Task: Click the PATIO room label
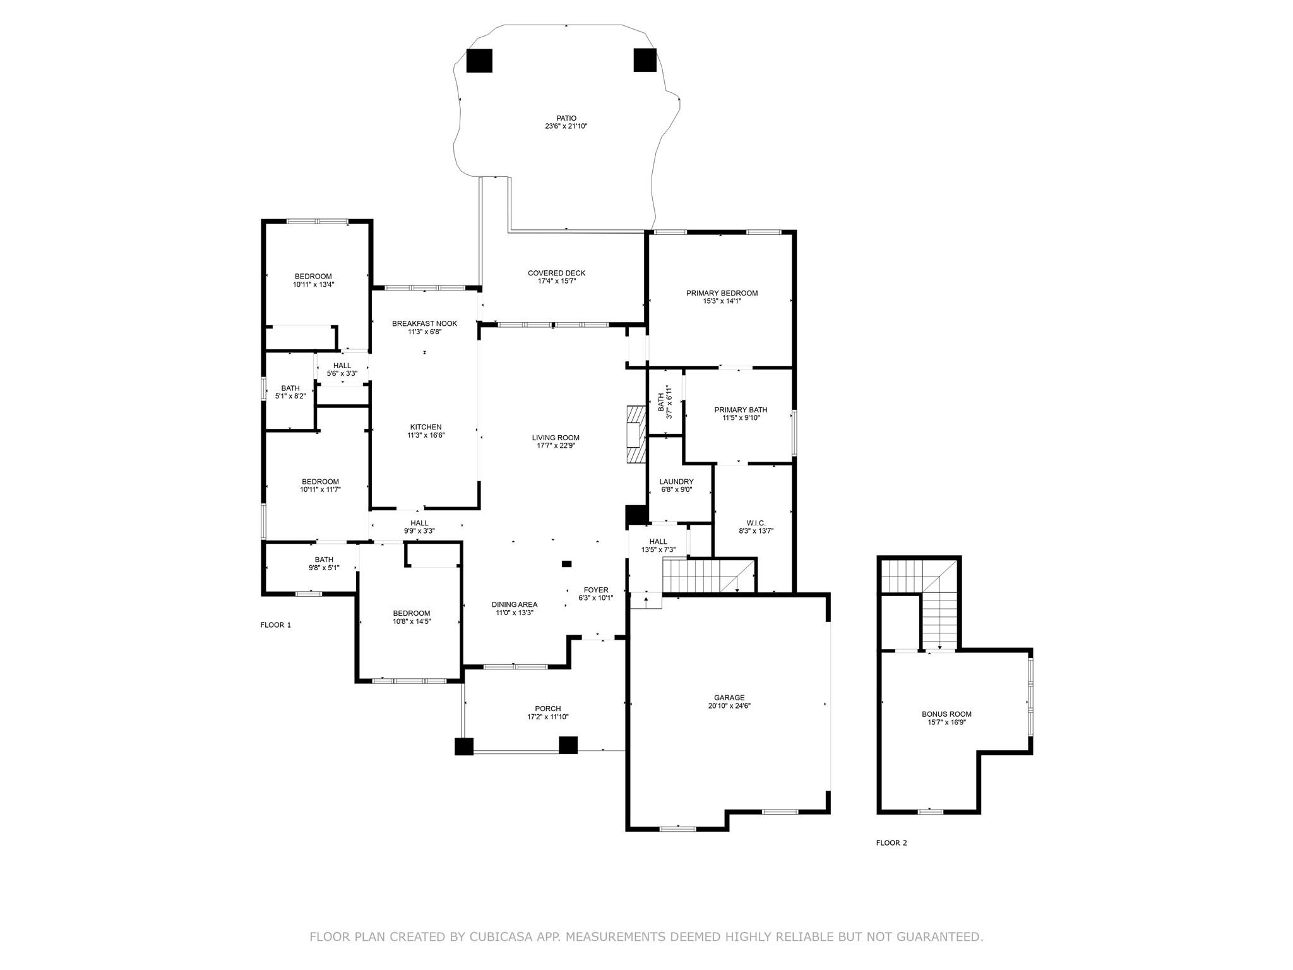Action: pos(566,118)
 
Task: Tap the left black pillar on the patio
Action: pos(479,61)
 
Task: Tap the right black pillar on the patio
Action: pos(645,60)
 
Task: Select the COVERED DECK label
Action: pos(556,273)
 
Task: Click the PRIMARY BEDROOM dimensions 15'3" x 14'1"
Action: pos(722,301)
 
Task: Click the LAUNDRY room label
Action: pos(676,481)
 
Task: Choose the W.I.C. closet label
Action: pos(756,523)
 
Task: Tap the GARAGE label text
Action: pos(729,698)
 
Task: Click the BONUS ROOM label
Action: pos(946,714)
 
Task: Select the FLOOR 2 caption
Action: pos(891,842)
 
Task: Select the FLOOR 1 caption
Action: pos(276,625)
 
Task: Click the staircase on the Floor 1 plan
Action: pos(707,576)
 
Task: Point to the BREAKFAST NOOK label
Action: pos(424,323)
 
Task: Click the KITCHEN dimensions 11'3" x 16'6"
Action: pos(426,435)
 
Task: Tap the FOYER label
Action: pos(596,590)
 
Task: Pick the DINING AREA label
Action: pos(515,604)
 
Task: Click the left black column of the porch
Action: pos(464,746)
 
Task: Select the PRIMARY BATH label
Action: pos(741,409)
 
